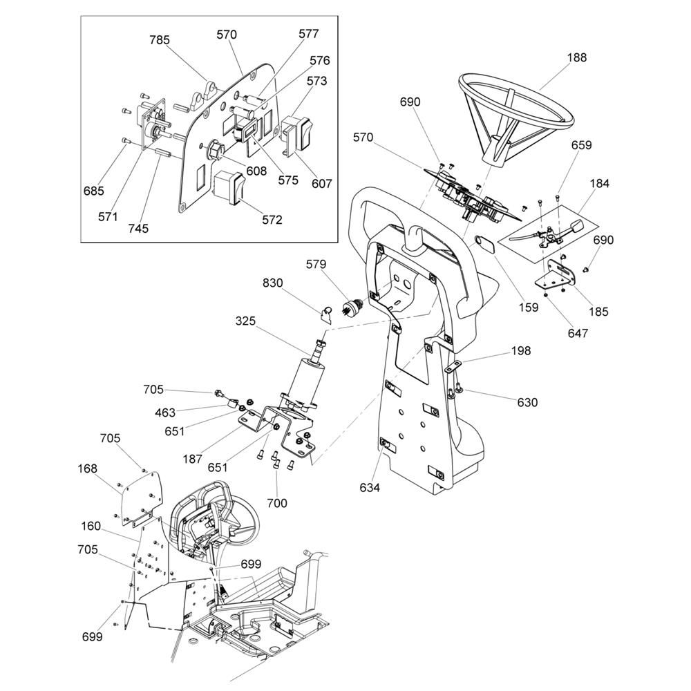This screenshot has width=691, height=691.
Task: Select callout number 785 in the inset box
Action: coord(160,39)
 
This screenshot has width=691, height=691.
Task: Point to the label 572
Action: coord(272,220)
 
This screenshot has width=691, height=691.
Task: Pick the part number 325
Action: coord(245,321)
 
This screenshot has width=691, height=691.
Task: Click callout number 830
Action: coord(272,283)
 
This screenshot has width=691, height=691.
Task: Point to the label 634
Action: coord(370,488)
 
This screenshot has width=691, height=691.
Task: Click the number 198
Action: coord(521,351)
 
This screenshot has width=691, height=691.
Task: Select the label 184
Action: coord(599,184)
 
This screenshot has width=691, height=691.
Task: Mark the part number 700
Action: coord(278,504)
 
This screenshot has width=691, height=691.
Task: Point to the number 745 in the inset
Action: coord(138,229)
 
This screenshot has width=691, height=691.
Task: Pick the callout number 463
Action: coord(165,413)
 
